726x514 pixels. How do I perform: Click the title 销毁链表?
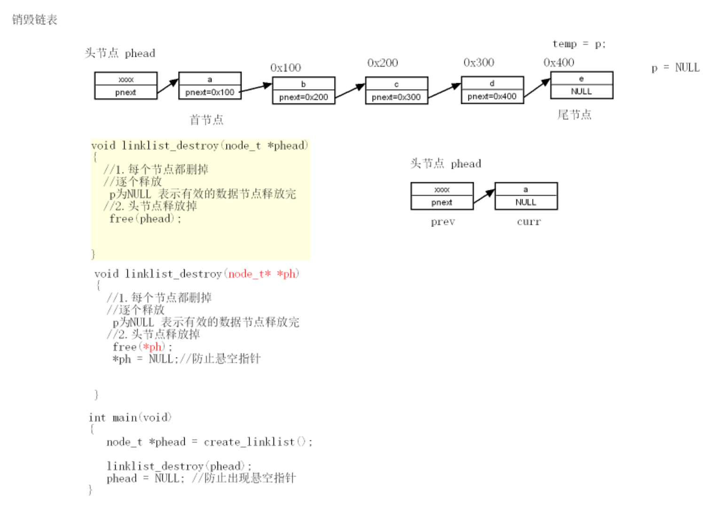pyautogui.click(x=34, y=20)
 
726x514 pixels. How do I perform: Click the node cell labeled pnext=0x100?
pyautogui.click(x=210, y=92)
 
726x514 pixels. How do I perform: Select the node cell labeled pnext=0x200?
pyautogui.click(x=304, y=97)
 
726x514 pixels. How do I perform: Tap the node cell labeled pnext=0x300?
pyautogui.click(x=396, y=97)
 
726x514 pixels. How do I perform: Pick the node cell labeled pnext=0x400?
pyautogui.click(x=492, y=96)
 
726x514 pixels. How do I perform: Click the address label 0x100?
pyautogui.click(x=285, y=68)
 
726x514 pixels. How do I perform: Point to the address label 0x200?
pyautogui.click(x=383, y=63)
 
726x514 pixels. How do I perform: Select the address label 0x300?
pyautogui.click(x=478, y=62)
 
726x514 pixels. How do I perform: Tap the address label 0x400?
pyautogui.click(x=558, y=62)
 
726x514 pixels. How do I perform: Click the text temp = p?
pyautogui.click(x=579, y=44)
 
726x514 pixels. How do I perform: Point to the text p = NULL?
pyautogui.click(x=675, y=68)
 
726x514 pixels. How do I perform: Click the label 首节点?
pyautogui.click(x=206, y=120)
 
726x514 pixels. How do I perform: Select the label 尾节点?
pyautogui.click(x=574, y=115)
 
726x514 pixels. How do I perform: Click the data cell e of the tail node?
pyautogui.click(x=581, y=78)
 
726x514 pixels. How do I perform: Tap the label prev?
pyautogui.click(x=443, y=222)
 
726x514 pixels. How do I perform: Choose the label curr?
pyautogui.click(x=529, y=222)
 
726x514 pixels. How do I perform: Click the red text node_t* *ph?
pyautogui.click(x=262, y=273)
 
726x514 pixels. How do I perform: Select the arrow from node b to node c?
pyautogui.click(x=350, y=91)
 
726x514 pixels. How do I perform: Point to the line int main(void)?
pyautogui.click(x=130, y=417)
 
